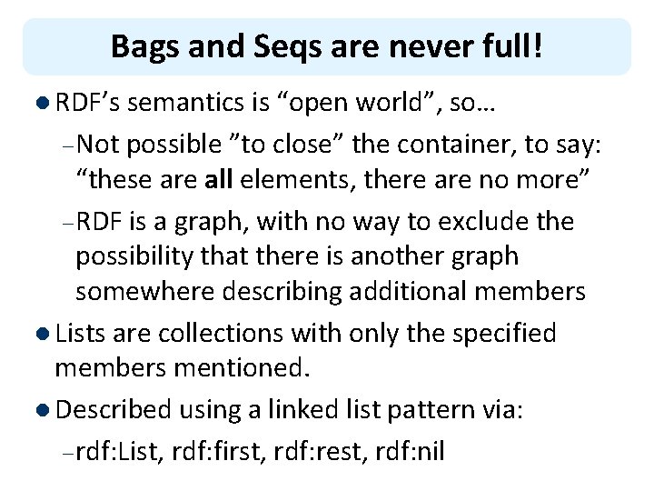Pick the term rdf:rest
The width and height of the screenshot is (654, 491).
coord(312,451)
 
